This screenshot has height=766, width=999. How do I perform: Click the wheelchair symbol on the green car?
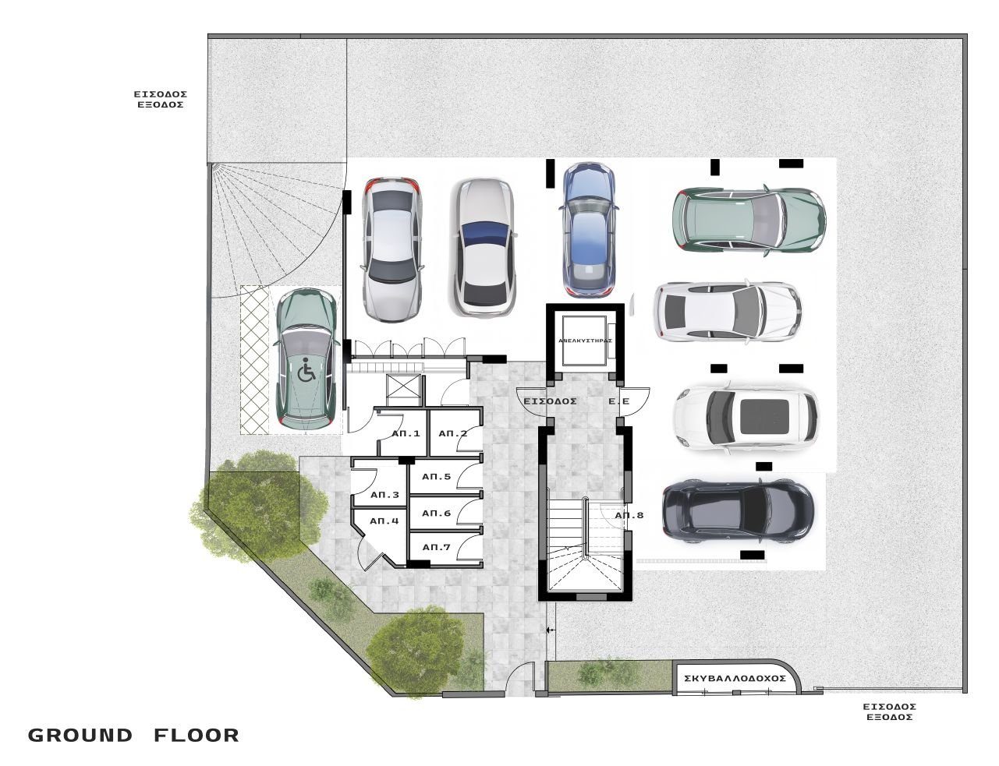click(x=306, y=370)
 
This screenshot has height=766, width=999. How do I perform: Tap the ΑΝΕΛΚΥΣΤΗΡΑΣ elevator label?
click(x=585, y=341)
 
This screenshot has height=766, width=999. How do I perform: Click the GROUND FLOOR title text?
click(x=133, y=736)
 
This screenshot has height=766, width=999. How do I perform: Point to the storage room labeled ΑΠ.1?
click(x=403, y=432)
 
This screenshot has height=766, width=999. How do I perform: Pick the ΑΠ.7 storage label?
click(x=436, y=547)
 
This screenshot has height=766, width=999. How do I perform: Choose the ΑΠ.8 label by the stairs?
click(x=629, y=515)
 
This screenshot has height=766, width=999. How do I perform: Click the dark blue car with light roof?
click(x=589, y=230)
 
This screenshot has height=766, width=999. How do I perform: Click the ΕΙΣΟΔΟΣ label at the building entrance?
click(x=550, y=401)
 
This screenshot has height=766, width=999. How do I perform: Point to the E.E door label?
click(x=618, y=401)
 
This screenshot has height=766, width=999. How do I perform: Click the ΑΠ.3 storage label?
click(x=384, y=495)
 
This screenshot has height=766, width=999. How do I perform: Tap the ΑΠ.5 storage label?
click(x=436, y=477)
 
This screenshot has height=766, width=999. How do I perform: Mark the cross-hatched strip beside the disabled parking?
click(x=254, y=360)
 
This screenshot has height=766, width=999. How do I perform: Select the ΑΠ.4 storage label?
click(x=384, y=521)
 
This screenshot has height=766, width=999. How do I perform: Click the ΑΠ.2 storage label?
click(x=453, y=433)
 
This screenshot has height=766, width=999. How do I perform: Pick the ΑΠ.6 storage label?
click(x=436, y=514)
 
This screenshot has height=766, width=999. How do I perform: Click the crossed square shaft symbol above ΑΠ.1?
click(x=403, y=390)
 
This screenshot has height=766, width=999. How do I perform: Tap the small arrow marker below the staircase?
click(x=551, y=630)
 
